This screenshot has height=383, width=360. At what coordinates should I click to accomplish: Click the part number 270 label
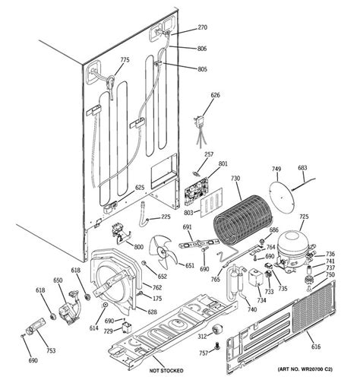(202, 27)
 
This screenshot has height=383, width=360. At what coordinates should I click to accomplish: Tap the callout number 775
(125, 59)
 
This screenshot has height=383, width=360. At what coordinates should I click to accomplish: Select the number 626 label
(215, 95)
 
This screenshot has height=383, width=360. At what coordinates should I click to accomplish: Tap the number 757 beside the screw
(204, 353)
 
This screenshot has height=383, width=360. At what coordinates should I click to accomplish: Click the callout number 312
(203, 336)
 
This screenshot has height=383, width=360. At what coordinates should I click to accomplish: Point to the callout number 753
(50, 350)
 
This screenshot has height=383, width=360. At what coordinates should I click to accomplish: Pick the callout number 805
(202, 69)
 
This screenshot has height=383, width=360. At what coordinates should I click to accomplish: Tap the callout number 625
(140, 188)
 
